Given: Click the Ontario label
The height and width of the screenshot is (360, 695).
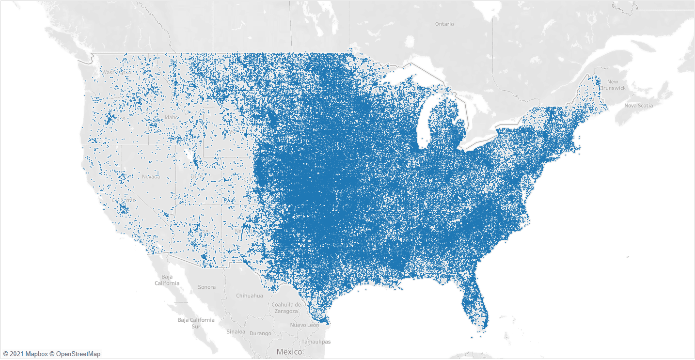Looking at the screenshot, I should pos(444,24).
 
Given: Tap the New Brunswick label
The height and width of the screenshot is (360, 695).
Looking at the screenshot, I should pos(613,85).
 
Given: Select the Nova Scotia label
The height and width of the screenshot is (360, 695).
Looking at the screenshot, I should pos(638,105).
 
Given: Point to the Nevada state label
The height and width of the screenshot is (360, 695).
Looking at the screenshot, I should pos(151,177).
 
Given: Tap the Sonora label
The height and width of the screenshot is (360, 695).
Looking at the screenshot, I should pos(206,287).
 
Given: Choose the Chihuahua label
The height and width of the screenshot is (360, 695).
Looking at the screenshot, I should pos(249,296).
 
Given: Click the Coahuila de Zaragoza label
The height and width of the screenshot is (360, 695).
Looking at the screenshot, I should pos(286,307).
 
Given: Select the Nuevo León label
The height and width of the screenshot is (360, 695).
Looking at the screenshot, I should pos(305,325).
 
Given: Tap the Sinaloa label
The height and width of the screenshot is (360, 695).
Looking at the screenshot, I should pos(236,332).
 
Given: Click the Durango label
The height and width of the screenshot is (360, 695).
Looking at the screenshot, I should pos(260,333).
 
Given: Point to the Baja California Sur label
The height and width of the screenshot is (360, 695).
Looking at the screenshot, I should pos(196,323).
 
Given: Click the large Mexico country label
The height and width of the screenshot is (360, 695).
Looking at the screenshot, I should pos(289,352).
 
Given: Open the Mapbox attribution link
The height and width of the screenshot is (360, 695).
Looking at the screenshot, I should pos(36,354).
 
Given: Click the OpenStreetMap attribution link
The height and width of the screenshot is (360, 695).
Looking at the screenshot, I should pos(78,354).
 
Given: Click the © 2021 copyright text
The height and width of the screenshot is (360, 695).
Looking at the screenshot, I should pos(13,354).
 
